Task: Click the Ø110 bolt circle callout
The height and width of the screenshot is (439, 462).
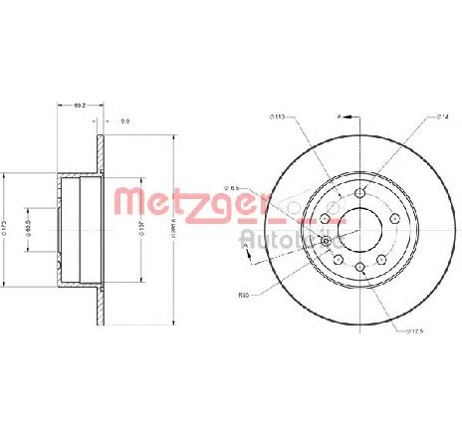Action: [x=278, y=118]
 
